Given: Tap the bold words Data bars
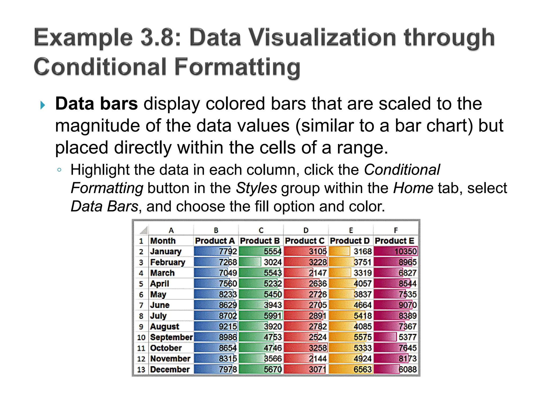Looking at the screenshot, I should click(x=97, y=104).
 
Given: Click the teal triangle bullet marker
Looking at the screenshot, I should click(x=43, y=105).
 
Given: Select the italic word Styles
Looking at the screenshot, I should click(x=256, y=188).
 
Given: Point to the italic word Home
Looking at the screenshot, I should click(x=413, y=188).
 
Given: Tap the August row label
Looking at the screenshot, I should click(x=165, y=327).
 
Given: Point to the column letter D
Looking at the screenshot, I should click(x=306, y=230).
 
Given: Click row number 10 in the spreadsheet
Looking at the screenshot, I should click(x=141, y=337).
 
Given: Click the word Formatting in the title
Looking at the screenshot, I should click(x=238, y=67).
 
